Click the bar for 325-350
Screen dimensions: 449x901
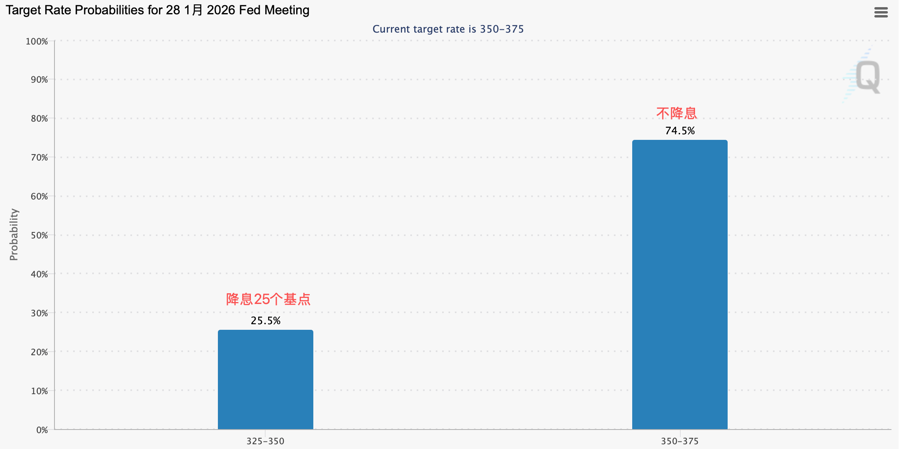tap(265, 379)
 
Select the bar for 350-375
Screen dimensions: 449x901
tap(680, 284)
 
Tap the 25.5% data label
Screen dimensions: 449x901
tap(265, 321)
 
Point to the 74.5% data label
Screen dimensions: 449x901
tap(680, 131)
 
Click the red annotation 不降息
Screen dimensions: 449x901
tap(676, 113)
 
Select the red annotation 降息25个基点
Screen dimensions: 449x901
tap(268, 299)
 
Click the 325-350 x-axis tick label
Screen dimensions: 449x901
tap(265, 441)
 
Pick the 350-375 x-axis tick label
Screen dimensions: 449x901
tap(680, 441)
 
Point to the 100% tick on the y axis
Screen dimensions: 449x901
tap(37, 41)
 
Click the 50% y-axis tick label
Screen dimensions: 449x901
tap(39, 235)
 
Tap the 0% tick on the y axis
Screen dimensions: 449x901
tap(42, 430)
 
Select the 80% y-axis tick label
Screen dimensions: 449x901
tap(39, 118)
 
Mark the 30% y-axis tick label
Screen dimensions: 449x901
tap(39, 313)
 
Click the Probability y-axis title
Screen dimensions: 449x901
tap(14, 234)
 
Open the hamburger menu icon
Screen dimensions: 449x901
tap(881, 12)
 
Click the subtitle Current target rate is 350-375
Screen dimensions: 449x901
tap(448, 29)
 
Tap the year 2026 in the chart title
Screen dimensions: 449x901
tap(221, 10)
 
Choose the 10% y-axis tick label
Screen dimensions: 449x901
tap(39, 391)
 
